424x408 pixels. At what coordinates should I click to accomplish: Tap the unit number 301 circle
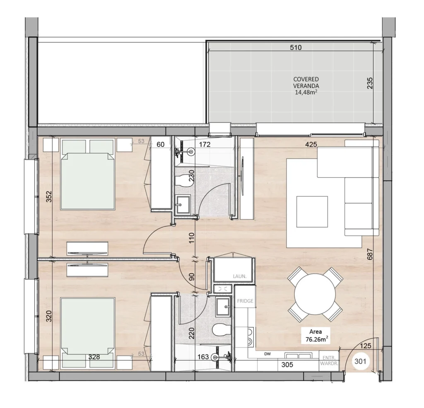pyautogui.click(x=360, y=361)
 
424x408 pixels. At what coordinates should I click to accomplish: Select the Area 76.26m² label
pyautogui.click(x=316, y=336)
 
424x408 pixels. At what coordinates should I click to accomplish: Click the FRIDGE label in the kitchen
pyautogui.click(x=245, y=301)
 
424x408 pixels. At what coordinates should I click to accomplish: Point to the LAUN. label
pyautogui.click(x=240, y=277)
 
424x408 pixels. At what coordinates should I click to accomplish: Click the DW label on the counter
pyautogui.click(x=267, y=354)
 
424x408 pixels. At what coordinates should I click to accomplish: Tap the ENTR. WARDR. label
pyautogui.click(x=329, y=361)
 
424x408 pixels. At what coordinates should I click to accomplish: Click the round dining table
pyautogui.click(x=315, y=294)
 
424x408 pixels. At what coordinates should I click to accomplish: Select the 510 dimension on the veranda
pyautogui.click(x=296, y=48)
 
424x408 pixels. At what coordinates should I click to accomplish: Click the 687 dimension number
pyautogui.click(x=370, y=254)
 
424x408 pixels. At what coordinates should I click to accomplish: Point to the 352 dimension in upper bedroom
pyautogui.click(x=49, y=197)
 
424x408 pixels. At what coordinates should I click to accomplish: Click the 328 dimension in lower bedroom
pyautogui.click(x=94, y=357)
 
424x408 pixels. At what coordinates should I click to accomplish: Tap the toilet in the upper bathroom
pyautogui.click(x=183, y=181)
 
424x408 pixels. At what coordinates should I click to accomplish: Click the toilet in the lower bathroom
pyautogui.click(x=221, y=330)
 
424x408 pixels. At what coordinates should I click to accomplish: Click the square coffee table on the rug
pyautogui.click(x=312, y=212)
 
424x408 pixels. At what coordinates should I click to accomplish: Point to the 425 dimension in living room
pyautogui.click(x=311, y=145)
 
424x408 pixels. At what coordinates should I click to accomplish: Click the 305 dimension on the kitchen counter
pyautogui.click(x=287, y=365)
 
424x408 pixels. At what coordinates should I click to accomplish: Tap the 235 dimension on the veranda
pyautogui.click(x=370, y=83)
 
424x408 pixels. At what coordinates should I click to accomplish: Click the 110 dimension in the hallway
pyautogui.click(x=191, y=238)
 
